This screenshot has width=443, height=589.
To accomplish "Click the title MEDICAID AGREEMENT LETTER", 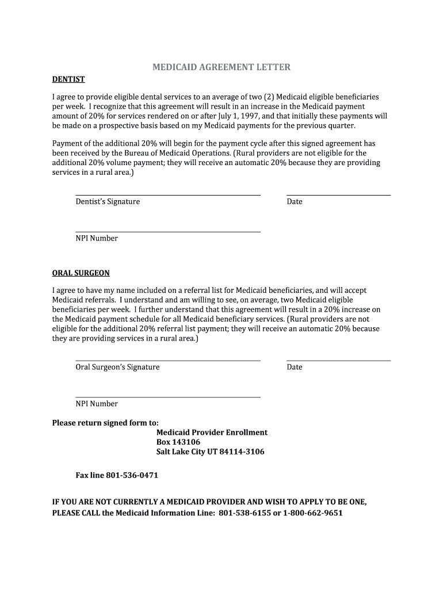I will [221, 67].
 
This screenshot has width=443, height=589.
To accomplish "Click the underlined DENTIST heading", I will [68, 79].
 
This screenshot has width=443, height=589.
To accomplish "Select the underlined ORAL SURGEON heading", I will [81, 273].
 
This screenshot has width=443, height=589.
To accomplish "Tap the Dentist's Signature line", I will [168, 195].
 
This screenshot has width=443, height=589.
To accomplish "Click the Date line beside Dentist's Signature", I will [338, 195].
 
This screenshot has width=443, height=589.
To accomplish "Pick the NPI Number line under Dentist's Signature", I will [168, 232].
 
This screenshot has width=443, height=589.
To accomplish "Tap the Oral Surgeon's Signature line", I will [168, 361].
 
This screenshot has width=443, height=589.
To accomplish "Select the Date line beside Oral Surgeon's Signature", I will [338, 361].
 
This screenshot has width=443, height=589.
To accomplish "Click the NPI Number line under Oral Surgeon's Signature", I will [168, 397].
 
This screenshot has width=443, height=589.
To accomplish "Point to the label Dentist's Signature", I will [108, 202].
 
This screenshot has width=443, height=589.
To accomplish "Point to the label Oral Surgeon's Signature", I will [117, 367].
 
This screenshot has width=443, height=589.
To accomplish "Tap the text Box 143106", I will [178, 442].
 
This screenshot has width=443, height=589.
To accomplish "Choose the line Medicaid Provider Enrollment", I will [212, 432].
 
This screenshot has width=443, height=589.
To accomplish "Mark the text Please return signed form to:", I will [105, 423].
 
